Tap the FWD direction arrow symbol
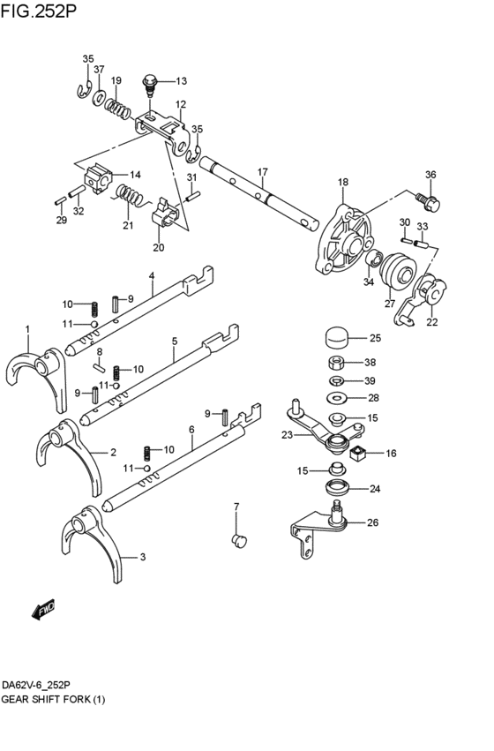[x=43, y=608]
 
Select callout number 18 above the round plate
[x=343, y=183]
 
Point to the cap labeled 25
[x=334, y=337]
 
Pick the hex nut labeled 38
[x=335, y=363]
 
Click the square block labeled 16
[x=358, y=454]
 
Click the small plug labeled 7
[x=236, y=539]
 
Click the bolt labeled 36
[x=430, y=201]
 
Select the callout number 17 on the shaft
[x=262, y=171]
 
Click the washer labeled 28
[x=336, y=398]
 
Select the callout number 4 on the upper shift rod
[x=152, y=276]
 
